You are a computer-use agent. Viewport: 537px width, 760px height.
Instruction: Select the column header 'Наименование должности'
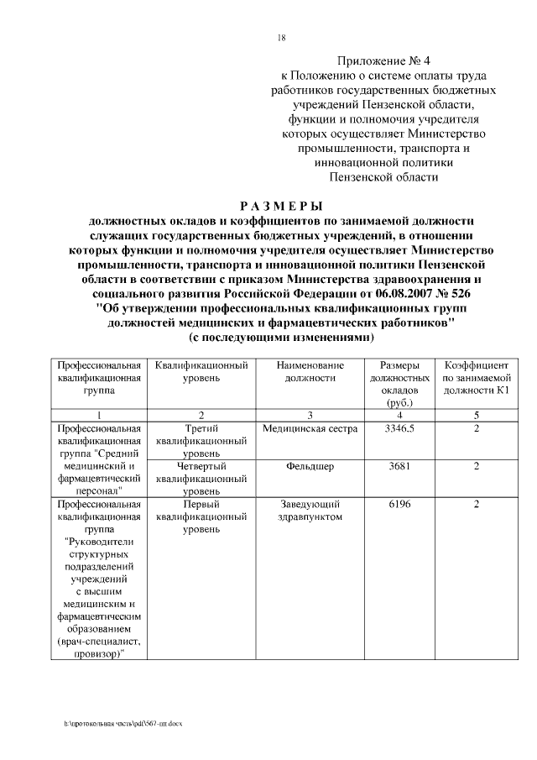tap(310, 372)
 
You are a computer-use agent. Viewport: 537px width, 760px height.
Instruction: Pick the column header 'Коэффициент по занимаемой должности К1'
tap(476, 378)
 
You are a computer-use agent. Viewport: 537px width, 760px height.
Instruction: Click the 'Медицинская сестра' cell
tap(310, 429)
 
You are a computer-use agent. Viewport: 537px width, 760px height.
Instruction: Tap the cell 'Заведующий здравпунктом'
tap(310, 511)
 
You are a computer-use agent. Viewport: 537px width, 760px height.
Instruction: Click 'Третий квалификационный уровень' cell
tap(201, 441)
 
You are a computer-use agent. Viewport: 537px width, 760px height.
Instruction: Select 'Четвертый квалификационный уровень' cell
tap(201, 478)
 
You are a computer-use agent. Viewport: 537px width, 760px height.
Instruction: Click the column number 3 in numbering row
tap(310, 415)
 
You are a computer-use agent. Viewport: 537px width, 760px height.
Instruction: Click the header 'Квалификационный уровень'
tap(201, 372)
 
